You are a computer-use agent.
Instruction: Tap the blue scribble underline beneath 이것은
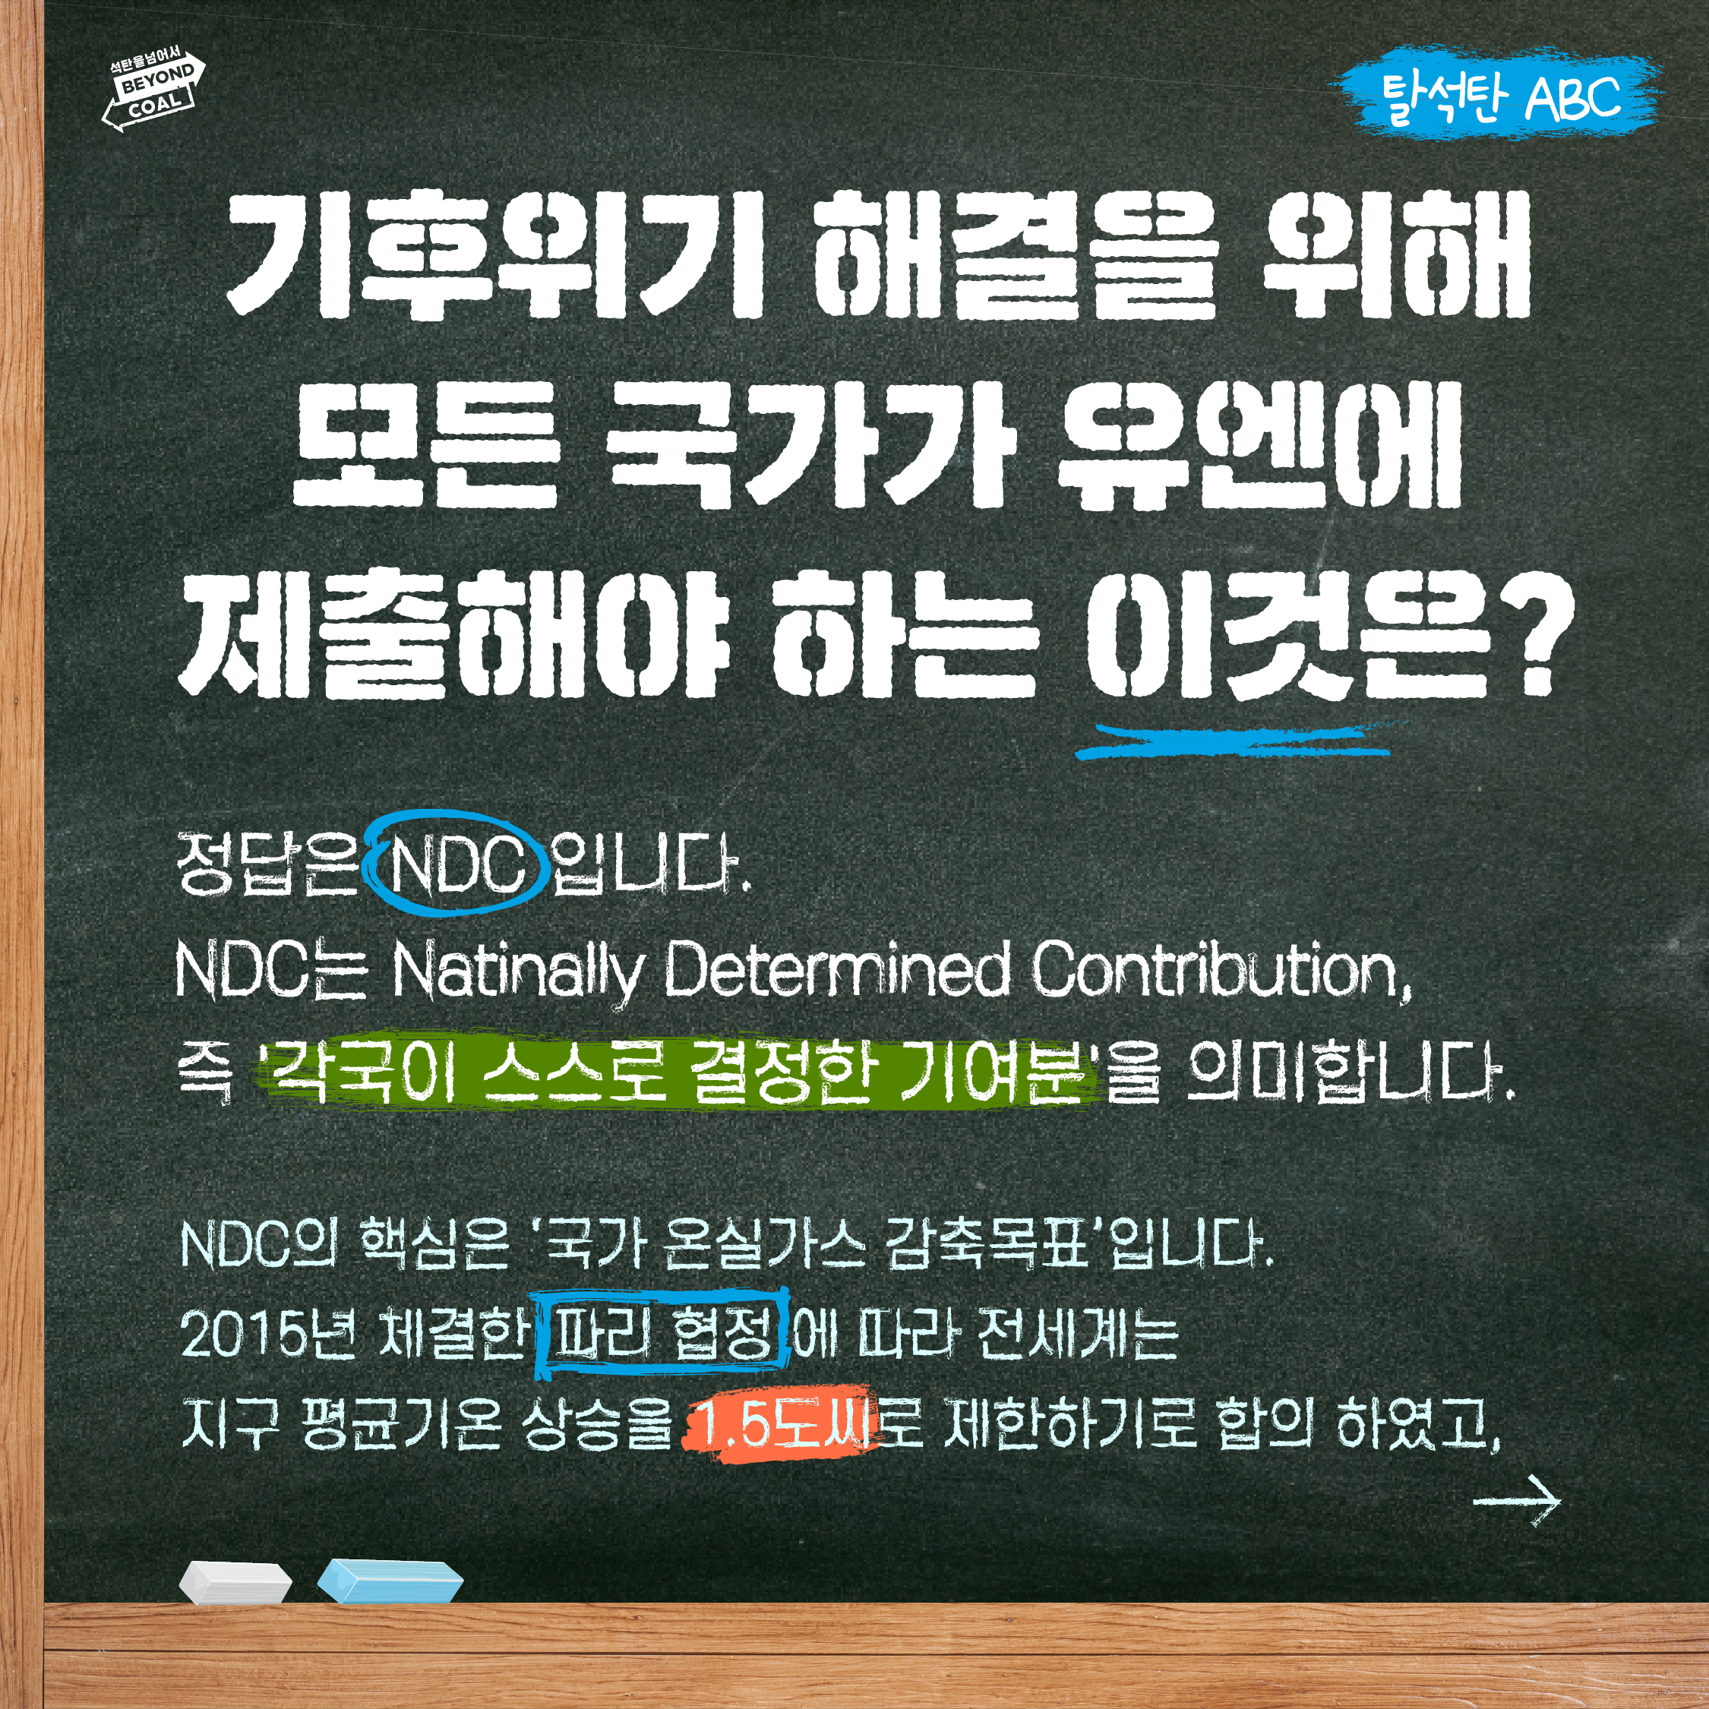point(1234,741)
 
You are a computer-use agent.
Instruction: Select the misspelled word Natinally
point(516,971)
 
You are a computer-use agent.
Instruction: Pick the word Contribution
point(1220,971)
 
